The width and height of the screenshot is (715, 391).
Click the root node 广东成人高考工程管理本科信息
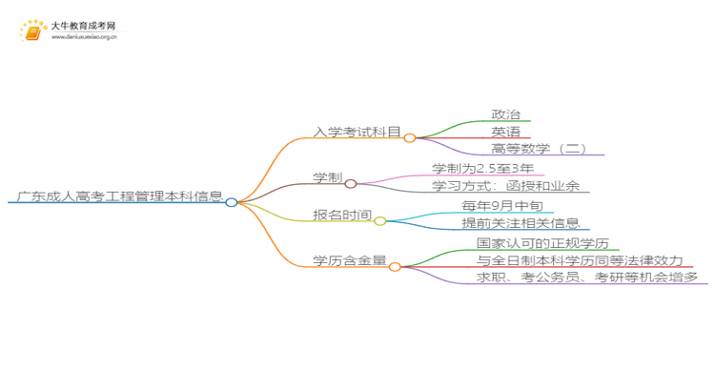(x=115, y=197)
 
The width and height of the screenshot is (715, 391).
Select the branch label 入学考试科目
(x=357, y=133)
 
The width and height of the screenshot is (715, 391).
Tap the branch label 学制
(x=327, y=178)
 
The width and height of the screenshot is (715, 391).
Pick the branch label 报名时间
(x=342, y=216)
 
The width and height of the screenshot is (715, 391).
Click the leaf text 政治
(x=505, y=114)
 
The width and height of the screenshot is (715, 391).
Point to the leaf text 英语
(x=505, y=132)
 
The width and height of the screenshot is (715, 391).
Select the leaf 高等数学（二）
(x=539, y=149)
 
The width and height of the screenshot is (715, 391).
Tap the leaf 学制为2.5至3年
(x=482, y=169)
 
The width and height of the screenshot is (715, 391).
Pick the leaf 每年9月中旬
(x=505, y=206)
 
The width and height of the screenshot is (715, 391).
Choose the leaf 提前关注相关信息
(x=521, y=223)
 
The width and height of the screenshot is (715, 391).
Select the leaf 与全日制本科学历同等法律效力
(x=580, y=260)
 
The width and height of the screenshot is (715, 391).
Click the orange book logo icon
(x=31, y=32)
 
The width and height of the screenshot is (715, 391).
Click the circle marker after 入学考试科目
(x=410, y=138)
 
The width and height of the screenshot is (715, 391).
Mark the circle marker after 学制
(x=350, y=184)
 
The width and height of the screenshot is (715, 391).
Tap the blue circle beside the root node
(x=232, y=202)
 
